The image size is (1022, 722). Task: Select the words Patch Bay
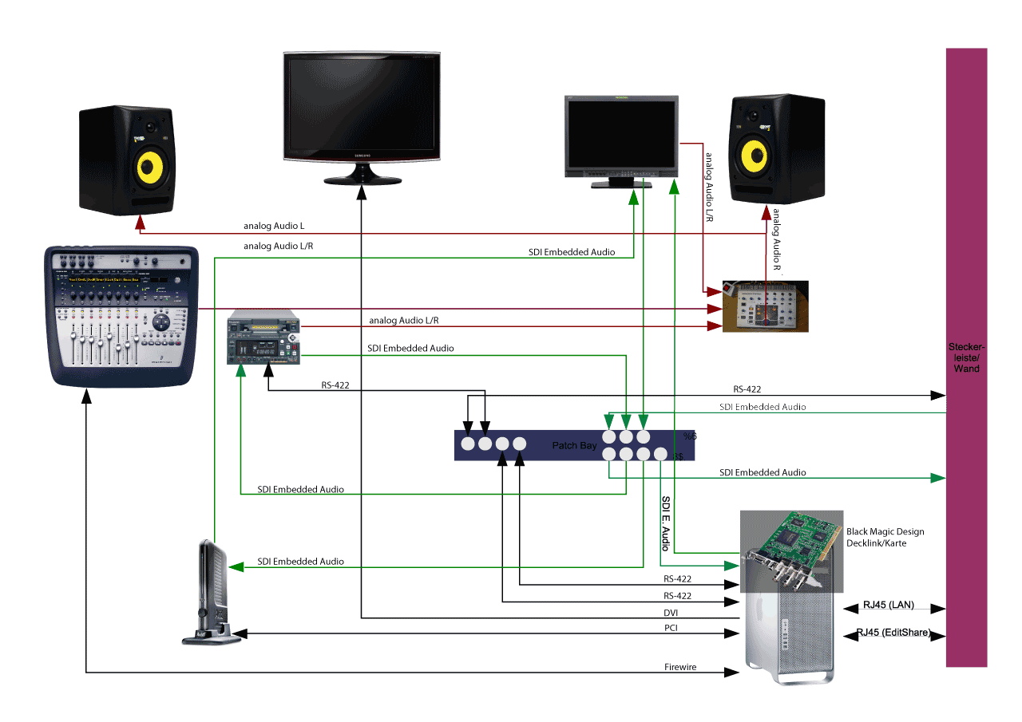(x=574, y=445)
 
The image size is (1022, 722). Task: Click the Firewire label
(x=680, y=666)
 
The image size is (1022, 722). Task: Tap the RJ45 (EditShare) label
(x=893, y=633)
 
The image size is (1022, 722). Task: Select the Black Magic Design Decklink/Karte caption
(x=885, y=537)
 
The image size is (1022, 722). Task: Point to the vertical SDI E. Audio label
(x=666, y=523)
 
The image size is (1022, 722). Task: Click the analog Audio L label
(x=274, y=226)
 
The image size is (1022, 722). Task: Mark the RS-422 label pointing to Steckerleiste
(x=747, y=389)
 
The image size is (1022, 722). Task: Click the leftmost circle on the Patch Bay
(x=468, y=444)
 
